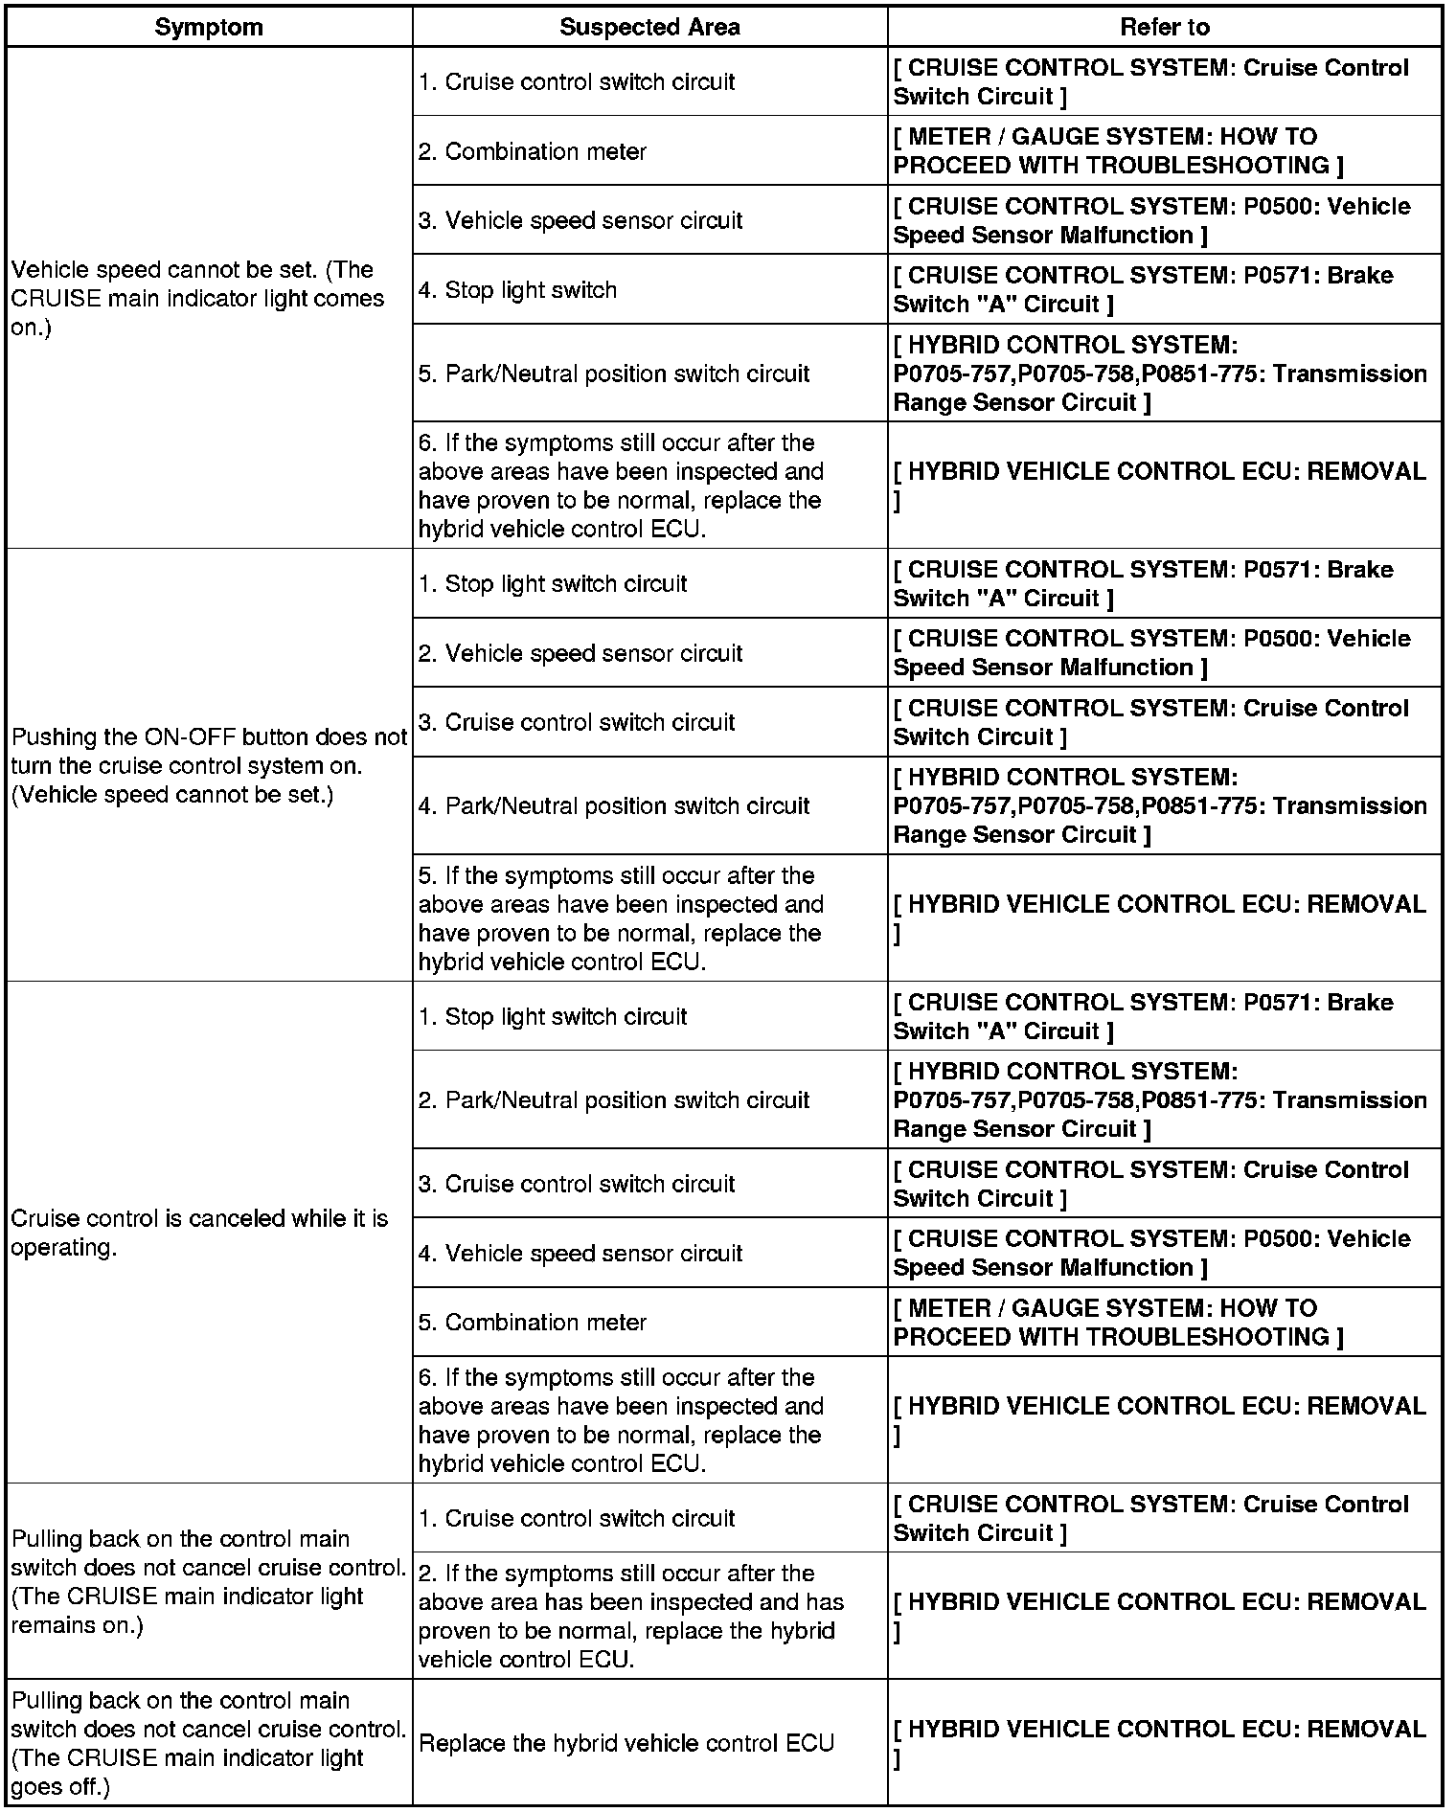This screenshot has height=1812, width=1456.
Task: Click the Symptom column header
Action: (209, 27)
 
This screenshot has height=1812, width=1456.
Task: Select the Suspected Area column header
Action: (649, 27)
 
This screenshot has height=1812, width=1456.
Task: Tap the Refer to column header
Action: (1164, 27)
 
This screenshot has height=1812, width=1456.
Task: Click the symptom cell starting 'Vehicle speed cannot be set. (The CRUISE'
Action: (198, 298)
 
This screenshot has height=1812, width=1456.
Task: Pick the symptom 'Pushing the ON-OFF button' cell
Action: (209, 765)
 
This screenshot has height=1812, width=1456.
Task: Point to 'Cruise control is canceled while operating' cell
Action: (199, 1233)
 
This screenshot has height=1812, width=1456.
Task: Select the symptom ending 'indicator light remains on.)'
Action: (209, 1581)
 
